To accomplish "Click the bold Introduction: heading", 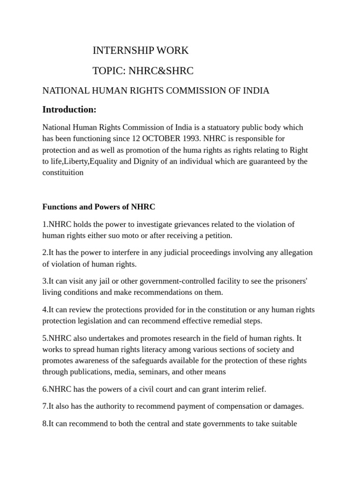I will click(x=69, y=110).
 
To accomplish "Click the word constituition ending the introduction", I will click(x=63, y=172).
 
